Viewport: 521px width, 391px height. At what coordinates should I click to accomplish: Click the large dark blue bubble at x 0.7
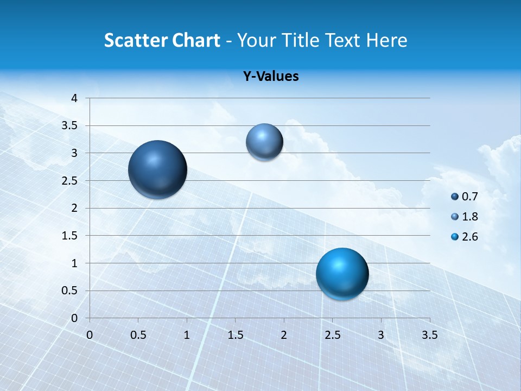coord(158,169)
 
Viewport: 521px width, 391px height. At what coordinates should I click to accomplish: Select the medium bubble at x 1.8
coord(264,142)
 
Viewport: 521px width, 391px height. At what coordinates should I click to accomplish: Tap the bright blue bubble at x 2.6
coord(342,274)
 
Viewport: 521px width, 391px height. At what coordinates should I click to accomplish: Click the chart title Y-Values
coord(271,77)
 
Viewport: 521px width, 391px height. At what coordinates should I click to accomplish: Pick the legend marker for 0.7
coord(455,197)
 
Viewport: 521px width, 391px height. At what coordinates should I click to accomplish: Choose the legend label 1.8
coord(470,217)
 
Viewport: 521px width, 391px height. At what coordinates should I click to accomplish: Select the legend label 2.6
coord(470,237)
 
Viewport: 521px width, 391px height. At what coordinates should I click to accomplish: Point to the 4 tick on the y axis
coord(74,98)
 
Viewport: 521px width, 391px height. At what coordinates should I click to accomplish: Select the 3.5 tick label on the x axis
coord(429,335)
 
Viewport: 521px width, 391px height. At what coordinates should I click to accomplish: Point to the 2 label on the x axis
coord(284,335)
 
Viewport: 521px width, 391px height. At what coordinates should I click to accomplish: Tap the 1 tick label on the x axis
coord(187,335)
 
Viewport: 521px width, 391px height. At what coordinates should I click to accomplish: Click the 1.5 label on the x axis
coord(235,335)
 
